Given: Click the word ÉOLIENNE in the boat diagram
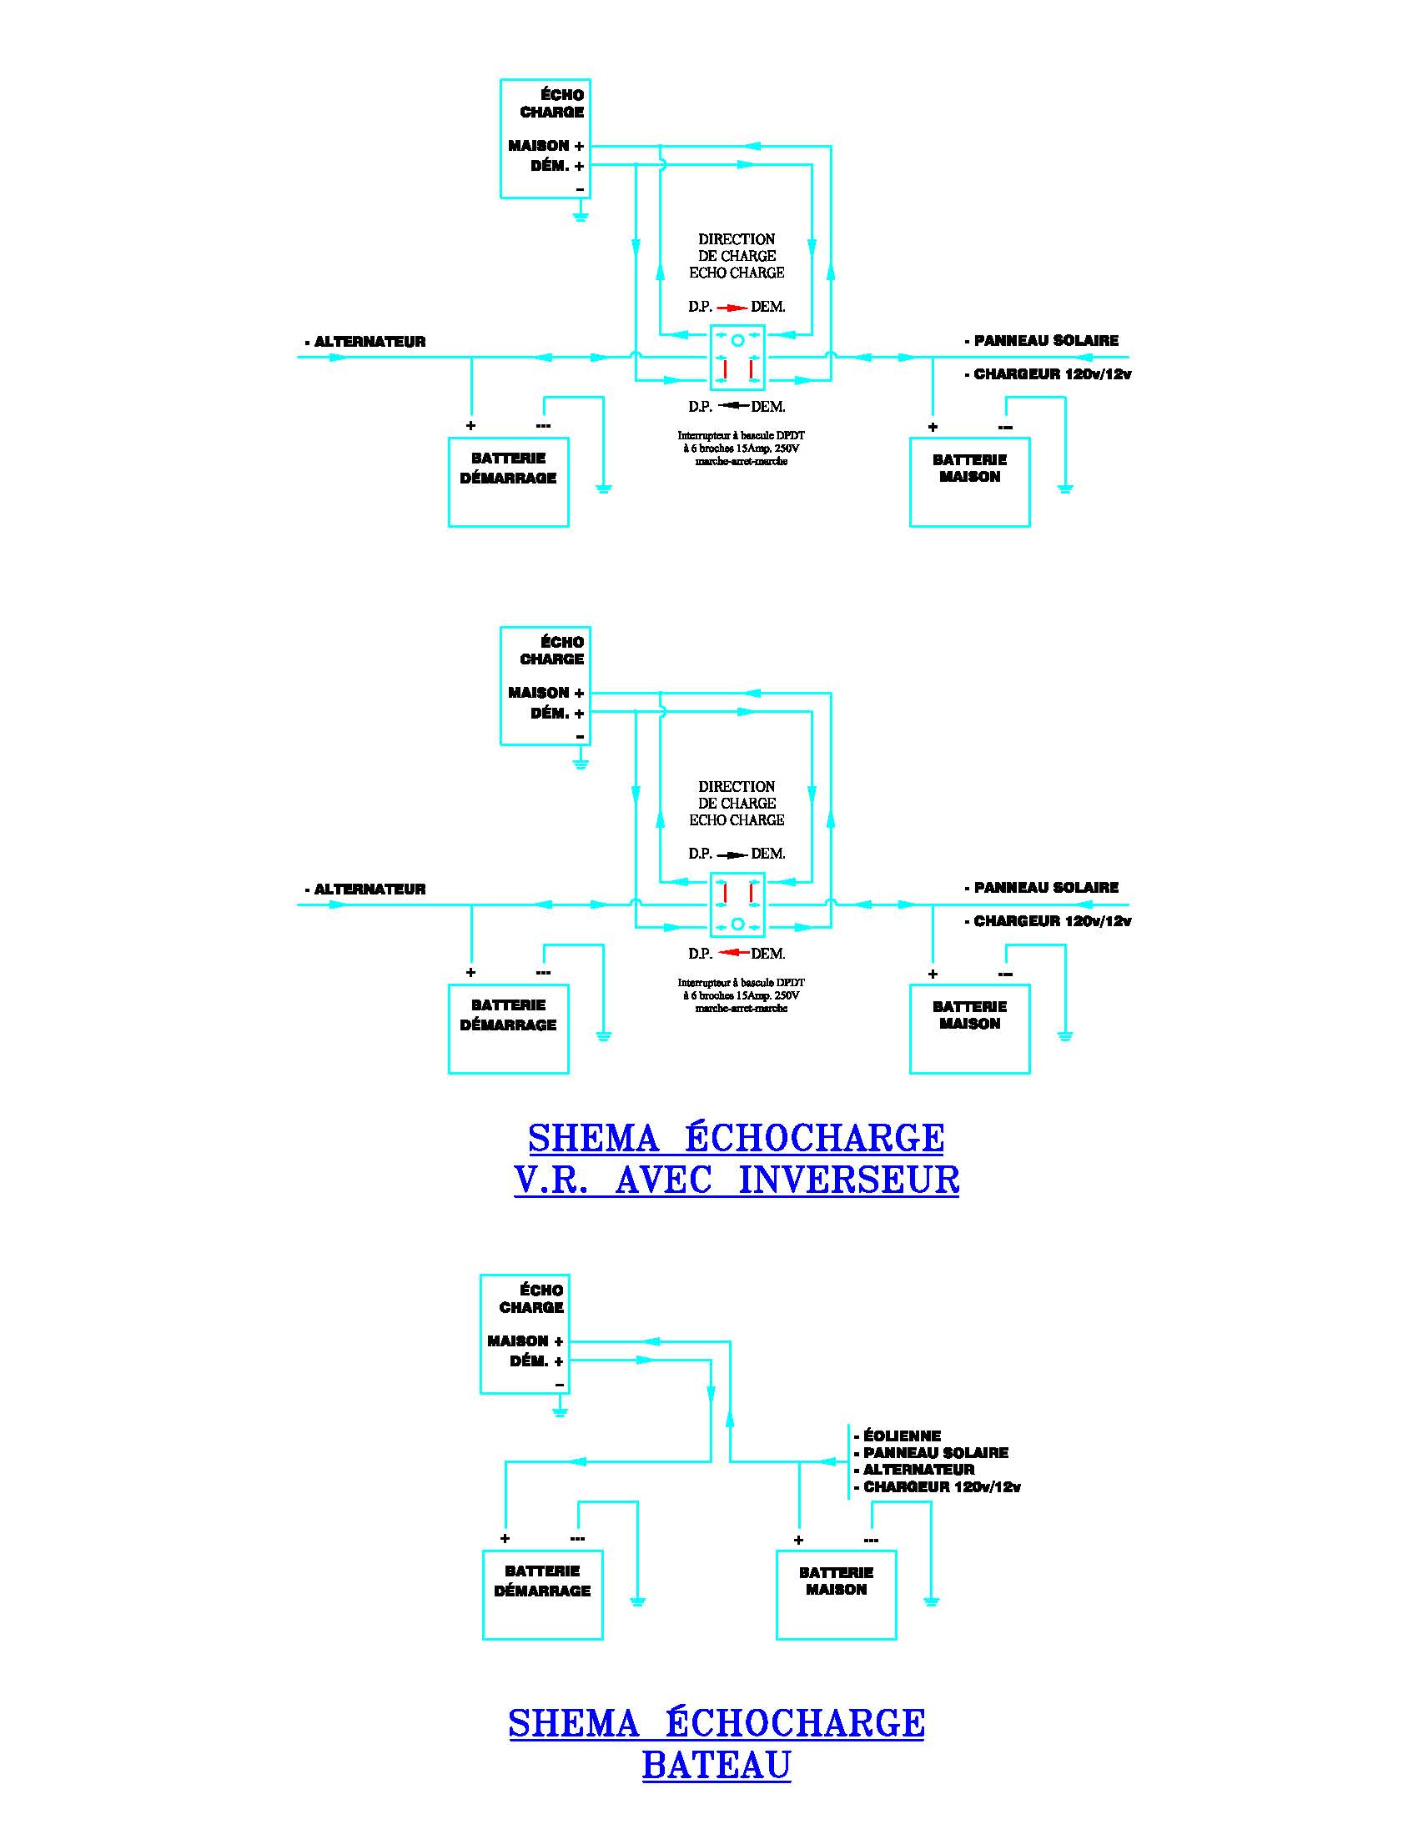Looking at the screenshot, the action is click(902, 1436).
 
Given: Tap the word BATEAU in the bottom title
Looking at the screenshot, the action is click(717, 1765).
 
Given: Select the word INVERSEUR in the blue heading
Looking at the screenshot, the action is click(848, 1179).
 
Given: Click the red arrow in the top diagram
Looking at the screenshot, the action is click(732, 308).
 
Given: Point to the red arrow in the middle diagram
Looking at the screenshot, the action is click(734, 953).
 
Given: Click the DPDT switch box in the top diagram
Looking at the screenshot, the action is click(737, 358).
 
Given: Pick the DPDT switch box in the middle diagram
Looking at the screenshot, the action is click(737, 904).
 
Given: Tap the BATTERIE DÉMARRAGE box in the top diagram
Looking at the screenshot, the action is click(508, 482).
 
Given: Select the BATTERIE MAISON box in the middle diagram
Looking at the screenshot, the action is click(969, 1029).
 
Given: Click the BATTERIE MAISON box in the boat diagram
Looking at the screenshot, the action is click(836, 1595).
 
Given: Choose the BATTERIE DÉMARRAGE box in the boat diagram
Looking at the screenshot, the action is click(543, 1595).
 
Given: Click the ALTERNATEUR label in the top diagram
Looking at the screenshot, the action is click(370, 342).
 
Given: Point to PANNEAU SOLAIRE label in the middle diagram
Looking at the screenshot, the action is click(1046, 888).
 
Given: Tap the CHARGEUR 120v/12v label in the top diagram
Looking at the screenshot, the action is click(1052, 374).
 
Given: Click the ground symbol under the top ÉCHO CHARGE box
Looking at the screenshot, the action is click(580, 216).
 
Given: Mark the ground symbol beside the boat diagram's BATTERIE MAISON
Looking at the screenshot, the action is click(931, 1601).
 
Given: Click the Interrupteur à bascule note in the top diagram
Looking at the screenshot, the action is click(741, 448).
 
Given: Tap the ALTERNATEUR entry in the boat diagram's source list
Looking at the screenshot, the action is click(919, 1470).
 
